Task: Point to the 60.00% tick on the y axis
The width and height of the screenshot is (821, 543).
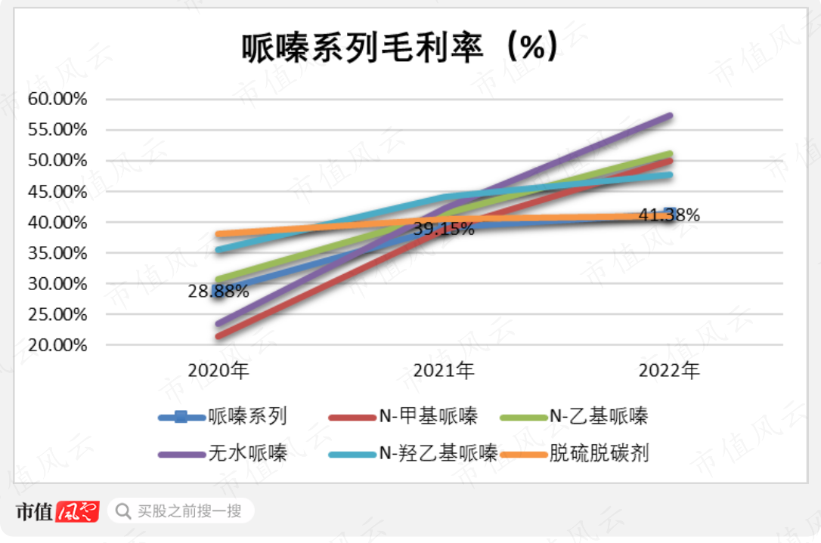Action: [57, 99]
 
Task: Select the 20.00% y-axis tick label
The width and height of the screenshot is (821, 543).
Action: [57, 345]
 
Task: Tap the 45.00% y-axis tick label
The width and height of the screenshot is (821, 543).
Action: [57, 192]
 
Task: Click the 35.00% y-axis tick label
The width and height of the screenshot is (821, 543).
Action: [57, 253]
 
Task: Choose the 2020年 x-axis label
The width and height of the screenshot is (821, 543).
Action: [218, 371]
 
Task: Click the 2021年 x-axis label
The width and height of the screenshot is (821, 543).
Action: [444, 371]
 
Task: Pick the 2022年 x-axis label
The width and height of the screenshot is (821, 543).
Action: [669, 371]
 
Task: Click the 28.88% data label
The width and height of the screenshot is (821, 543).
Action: [218, 292]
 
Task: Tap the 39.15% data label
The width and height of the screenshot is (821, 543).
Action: [444, 229]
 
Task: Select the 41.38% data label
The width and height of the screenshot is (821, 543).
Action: [669, 216]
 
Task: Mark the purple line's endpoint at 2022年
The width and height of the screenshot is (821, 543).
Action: [670, 116]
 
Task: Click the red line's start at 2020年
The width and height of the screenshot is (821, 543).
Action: [218, 336]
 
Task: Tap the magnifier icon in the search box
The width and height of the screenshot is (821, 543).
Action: [122, 511]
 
